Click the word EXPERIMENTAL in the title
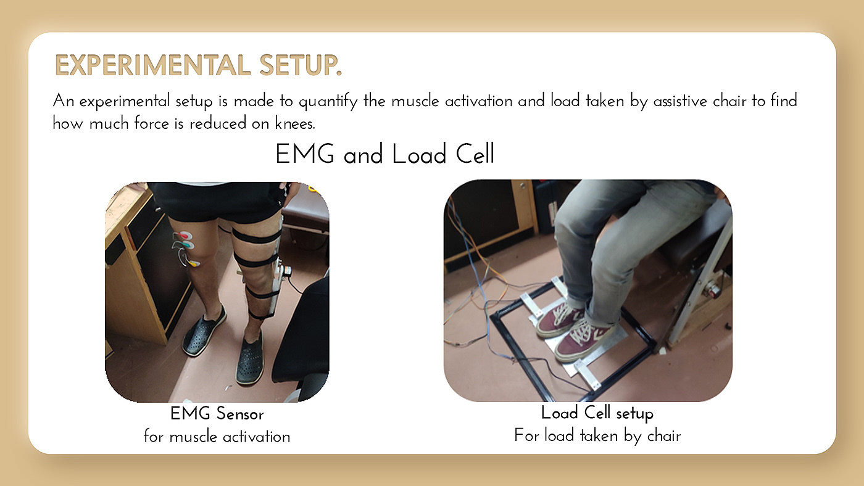click(153, 65)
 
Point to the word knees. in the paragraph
click(295, 123)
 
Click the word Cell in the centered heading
click(475, 154)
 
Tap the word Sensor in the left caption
click(240, 414)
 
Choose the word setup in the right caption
click(634, 414)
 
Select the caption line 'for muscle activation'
click(217, 436)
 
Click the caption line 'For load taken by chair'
click(597, 435)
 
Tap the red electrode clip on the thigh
click(184, 235)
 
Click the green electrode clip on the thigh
click(187, 244)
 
